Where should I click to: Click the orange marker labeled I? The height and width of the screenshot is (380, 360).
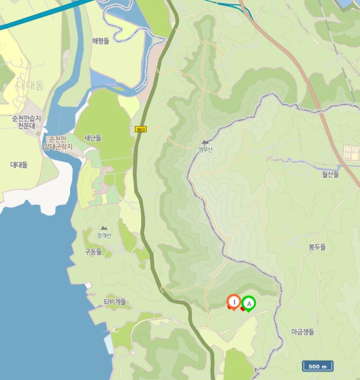click(x=234, y=301)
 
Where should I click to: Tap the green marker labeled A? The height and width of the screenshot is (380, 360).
click(x=249, y=303)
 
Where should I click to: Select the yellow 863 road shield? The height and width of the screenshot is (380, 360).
click(x=141, y=129)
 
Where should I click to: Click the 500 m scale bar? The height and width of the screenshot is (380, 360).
click(x=318, y=366)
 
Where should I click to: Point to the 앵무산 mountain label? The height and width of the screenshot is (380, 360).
click(x=205, y=150)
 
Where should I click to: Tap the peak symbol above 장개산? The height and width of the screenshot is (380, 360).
click(x=104, y=229)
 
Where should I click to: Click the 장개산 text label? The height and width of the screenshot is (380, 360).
click(x=104, y=236)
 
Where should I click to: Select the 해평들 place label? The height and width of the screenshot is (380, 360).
click(x=100, y=41)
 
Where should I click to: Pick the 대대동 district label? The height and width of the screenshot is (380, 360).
click(x=29, y=85)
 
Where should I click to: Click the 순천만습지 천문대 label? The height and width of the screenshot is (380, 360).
click(x=26, y=122)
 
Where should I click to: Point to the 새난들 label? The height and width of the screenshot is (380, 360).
click(x=93, y=138)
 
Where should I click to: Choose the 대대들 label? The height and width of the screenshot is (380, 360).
click(x=19, y=164)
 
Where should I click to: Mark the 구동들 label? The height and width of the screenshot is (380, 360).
click(x=93, y=252)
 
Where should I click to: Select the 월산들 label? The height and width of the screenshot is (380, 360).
click(x=330, y=174)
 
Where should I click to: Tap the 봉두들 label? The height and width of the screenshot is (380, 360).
click(x=317, y=247)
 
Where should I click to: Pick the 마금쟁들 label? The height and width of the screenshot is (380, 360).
click(x=302, y=332)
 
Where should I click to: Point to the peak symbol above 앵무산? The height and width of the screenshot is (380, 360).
click(x=205, y=142)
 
